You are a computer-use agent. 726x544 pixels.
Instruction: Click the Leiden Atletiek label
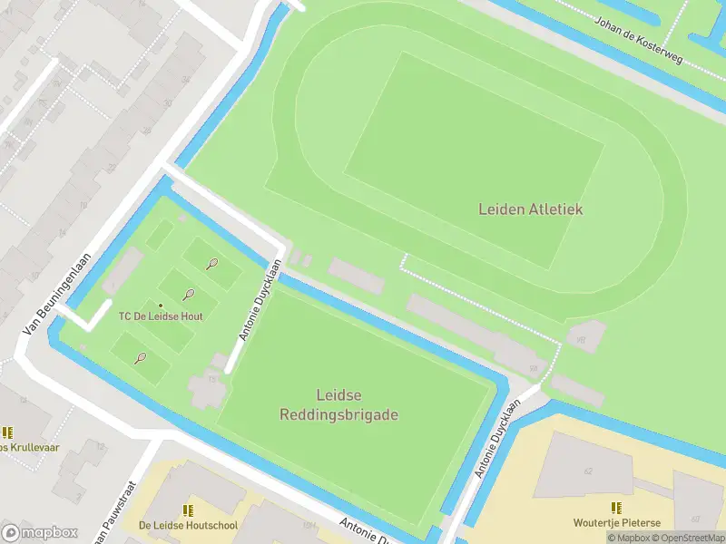click(531, 209)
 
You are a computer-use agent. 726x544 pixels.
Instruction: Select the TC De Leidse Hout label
click(161, 316)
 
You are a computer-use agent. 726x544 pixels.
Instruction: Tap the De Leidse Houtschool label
click(188, 525)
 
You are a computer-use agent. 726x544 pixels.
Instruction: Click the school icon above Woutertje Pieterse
click(616, 508)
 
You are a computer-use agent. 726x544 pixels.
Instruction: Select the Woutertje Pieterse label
click(616, 523)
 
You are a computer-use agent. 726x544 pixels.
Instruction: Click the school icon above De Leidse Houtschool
click(188, 510)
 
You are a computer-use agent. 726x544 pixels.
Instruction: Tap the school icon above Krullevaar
click(7, 432)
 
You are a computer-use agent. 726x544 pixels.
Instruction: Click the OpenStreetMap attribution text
click(688, 538)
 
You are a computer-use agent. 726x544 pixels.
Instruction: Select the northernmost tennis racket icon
click(211, 264)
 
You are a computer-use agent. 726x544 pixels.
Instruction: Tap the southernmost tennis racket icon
click(141, 358)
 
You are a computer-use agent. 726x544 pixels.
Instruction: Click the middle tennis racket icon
click(189, 294)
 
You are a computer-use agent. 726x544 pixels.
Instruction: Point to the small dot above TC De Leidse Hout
click(161, 305)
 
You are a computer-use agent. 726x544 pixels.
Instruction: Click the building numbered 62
click(587, 471)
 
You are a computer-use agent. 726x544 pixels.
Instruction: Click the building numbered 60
click(695, 519)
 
